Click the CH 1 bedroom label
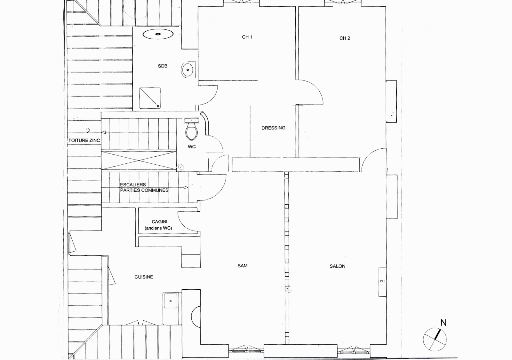247,37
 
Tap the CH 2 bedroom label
344,38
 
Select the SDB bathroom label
163,66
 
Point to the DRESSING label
273,128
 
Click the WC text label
192,147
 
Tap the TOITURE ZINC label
84,140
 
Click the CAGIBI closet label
159,222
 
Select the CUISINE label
144,277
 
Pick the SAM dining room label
242,266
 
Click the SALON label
337,266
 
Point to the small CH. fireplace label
382,281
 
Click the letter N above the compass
443,323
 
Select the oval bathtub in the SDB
158,34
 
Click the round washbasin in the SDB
188,70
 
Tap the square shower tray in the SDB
150,98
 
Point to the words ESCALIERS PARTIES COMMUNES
144,187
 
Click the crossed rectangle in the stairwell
139,160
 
